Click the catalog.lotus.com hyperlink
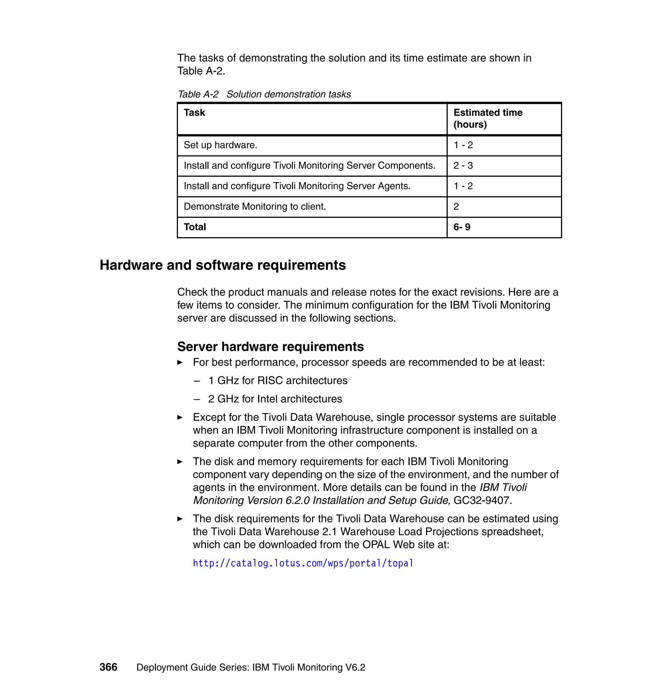(303, 563)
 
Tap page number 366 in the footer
(108, 667)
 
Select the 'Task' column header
(194, 113)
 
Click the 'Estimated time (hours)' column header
(488, 118)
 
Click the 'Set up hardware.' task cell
(220, 145)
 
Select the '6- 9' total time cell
(462, 227)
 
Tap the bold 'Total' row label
(195, 227)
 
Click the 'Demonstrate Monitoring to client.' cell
(254, 207)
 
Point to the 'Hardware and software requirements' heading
(223, 265)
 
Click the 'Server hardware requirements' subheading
(270, 347)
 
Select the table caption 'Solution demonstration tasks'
(288, 94)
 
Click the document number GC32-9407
(481, 500)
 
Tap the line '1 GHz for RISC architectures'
(278, 380)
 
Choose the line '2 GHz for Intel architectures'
(275, 399)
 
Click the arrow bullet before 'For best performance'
(180, 362)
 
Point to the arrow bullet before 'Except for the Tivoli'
(180, 418)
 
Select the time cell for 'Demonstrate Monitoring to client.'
(456, 207)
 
